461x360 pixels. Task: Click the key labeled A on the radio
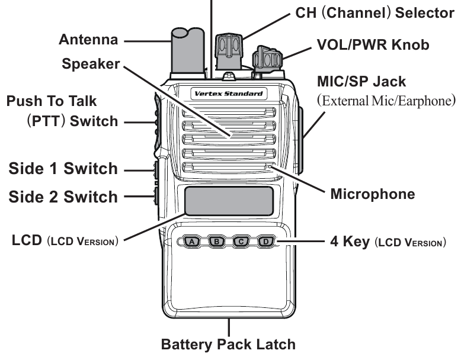click(x=191, y=242)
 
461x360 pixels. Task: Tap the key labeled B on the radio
click(x=217, y=242)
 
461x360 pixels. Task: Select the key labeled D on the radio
click(x=267, y=242)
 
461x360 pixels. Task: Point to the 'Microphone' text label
click(x=372, y=194)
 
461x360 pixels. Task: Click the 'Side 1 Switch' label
click(x=63, y=169)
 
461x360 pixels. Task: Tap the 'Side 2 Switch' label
click(x=63, y=197)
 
